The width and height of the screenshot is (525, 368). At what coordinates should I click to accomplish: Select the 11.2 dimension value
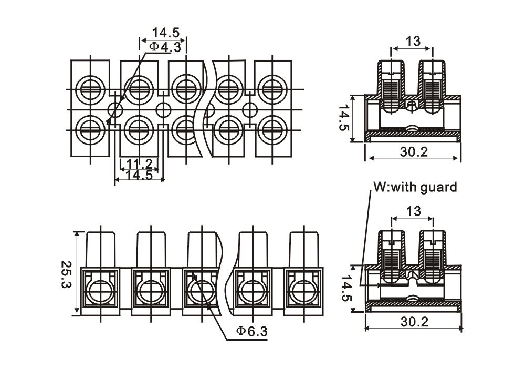point(139,164)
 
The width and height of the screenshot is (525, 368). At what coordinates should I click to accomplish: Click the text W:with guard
point(415,187)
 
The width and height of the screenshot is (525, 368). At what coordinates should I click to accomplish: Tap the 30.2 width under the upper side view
point(414,152)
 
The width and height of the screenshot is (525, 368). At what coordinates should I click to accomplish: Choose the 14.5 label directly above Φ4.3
point(166,33)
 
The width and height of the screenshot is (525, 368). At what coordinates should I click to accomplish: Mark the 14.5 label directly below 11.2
point(139,175)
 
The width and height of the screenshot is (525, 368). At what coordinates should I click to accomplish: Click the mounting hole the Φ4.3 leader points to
point(115,110)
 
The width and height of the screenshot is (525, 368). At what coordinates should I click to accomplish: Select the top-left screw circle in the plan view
point(90,88)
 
